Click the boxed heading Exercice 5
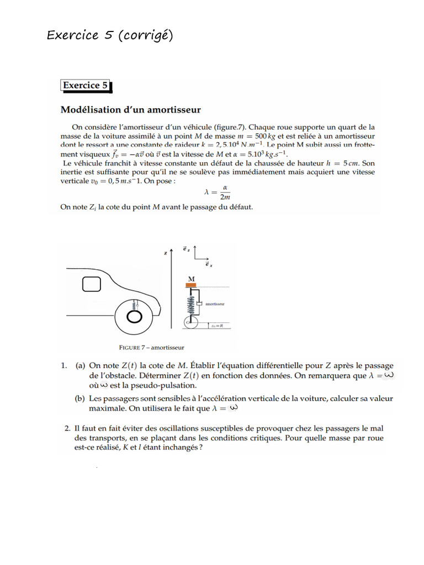click(x=85, y=86)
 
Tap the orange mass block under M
click(x=192, y=285)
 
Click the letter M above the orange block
click(x=192, y=279)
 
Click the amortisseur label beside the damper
click(x=215, y=303)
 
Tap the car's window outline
click(x=92, y=284)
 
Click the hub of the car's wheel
click(x=134, y=317)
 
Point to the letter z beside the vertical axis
click(x=166, y=253)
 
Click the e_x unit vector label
click(x=208, y=264)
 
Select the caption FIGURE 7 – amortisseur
click(x=151, y=348)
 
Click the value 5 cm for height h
click(x=348, y=163)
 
